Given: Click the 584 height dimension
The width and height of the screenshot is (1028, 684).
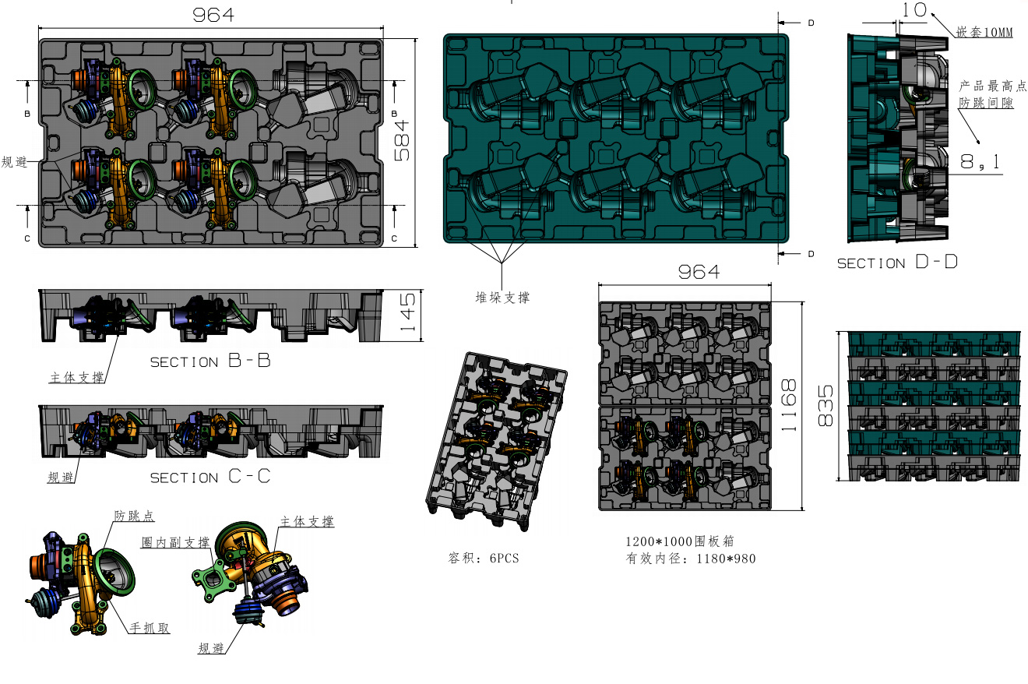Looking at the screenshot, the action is pyautogui.click(x=402, y=140).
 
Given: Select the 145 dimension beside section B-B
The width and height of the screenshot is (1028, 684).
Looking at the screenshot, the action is pyautogui.click(x=407, y=312).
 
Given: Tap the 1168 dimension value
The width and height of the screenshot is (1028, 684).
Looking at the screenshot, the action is pyautogui.click(x=788, y=405).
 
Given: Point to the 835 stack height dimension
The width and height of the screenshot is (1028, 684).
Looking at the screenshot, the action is pyautogui.click(x=826, y=405).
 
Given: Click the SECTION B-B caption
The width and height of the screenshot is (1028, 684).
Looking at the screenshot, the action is pyautogui.click(x=210, y=361).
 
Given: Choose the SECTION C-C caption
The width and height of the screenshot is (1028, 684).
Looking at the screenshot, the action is pyautogui.click(x=210, y=477).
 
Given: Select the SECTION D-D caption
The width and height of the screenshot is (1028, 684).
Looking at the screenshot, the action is pyautogui.click(x=897, y=262).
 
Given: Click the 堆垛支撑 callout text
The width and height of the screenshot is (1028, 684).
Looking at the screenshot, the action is pyautogui.click(x=502, y=298).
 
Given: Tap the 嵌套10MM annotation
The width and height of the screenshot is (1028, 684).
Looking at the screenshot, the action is pyautogui.click(x=984, y=32).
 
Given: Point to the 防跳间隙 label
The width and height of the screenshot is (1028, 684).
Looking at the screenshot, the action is pyautogui.click(x=986, y=102).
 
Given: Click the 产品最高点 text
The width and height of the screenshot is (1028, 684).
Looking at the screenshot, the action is pyautogui.click(x=992, y=86).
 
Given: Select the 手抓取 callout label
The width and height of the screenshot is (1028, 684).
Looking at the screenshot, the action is pyautogui.click(x=150, y=628).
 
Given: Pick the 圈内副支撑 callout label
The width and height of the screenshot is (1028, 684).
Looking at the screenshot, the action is pyautogui.click(x=175, y=542).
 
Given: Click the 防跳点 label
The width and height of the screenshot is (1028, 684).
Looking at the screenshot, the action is pyautogui.click(x=134, y=516).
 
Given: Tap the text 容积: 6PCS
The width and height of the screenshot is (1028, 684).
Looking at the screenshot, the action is pyautogui.click(x=484, y=558).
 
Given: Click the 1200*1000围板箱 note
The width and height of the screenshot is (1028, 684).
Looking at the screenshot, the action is pyautogui.click(x=680, y=541).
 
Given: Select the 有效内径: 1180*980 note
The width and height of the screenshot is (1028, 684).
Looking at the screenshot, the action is pyautogui.click(x=691, y=559).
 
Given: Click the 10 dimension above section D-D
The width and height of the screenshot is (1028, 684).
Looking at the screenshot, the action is pyautogui.click(x=914, y=10).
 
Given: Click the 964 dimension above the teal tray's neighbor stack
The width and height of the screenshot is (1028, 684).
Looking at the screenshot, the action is pyautogui.click(x=699, y=272).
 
